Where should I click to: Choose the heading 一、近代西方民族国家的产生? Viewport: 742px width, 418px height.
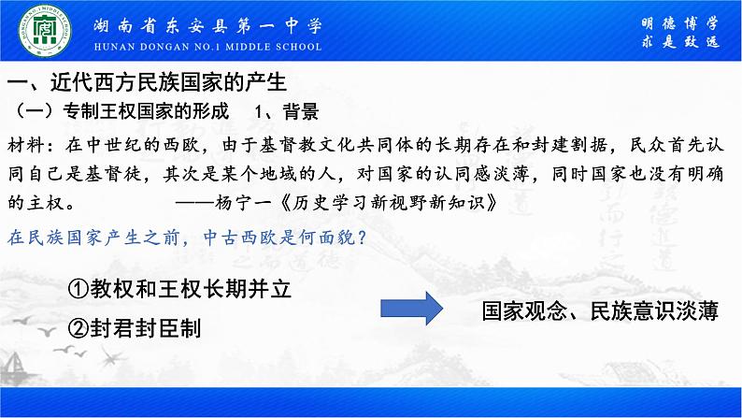tap(145, 83)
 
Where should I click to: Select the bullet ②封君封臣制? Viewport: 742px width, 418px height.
tap(133, 328)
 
